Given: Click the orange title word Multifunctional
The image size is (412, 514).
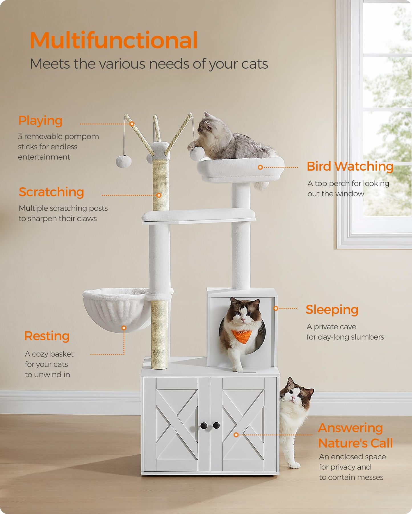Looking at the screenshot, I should click(113, 40).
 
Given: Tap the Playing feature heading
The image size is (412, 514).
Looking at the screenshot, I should click(40, 121).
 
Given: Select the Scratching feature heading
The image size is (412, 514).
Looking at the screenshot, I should click(51, 192).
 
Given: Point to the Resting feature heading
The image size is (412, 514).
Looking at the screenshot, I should click(47, 336).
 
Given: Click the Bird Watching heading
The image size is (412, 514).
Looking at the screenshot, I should click(350, 166).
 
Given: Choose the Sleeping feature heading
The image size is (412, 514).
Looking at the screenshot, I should click(332, 310).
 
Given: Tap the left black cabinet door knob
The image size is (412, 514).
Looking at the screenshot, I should click(204, 426).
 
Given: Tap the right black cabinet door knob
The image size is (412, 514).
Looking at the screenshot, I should click(216, 425).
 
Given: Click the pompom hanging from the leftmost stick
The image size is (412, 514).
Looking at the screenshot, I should click(124, 161).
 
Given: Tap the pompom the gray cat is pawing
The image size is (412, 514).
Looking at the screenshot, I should click(197, 154).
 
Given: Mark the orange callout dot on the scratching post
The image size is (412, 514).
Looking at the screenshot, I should click(159, 195).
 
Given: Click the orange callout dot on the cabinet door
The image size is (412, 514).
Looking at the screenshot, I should click(236, 435).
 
